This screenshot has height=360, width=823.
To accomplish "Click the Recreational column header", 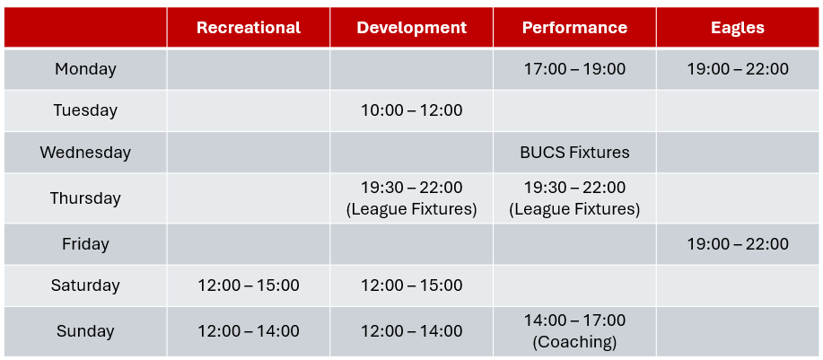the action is pyautogui.click(x=249, y=28).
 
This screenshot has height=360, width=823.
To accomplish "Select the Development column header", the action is pyautogui.click(x=411, y=28).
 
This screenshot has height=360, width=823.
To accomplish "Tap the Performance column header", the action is pyautogui.click(x=574, y=28).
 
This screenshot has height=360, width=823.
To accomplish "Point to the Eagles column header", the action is pyautogui.click(x=738, y=28).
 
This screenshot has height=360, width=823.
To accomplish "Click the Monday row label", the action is pyautogui.click(x=85, y=69).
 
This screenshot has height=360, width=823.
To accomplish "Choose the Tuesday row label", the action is pyautogui.click(x=85, y=110).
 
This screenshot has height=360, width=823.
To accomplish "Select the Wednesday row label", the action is pyautogui.click(x=85, y=153).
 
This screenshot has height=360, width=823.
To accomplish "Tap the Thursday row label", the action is pyautogui.click(x=85, y=198).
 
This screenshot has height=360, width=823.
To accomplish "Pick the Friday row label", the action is pyautogui.click(x=85, y=244).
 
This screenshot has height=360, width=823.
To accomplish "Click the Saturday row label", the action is pyautogui.click(x=85, y=285).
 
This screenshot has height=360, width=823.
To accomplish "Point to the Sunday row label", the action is pyautogui.click(x=85, y=331).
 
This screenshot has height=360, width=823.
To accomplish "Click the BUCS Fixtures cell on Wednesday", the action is pyautogui.click(x=574, y=153).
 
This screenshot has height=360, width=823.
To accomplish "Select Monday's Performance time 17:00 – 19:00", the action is pyautogui.click(x=574, y=69).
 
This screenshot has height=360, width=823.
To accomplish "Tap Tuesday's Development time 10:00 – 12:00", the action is pyautogui.click(x=411, y=110).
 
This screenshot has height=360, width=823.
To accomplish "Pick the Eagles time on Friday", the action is pyautogui.click(x=738, y=244).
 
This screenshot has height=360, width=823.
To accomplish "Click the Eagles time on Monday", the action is pyautogui.click(x=738, y=69).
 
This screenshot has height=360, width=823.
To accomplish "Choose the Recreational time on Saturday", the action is pyautogui.click(x=249, y=285).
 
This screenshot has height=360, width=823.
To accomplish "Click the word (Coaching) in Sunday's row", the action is pyautogui.click(x=574, y=342).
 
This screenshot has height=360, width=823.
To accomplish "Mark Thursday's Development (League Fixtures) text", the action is pyautogui.click(x=411, y=209).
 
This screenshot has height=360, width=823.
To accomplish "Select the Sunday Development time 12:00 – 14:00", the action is pyautogui.click(x=411, y=331).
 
